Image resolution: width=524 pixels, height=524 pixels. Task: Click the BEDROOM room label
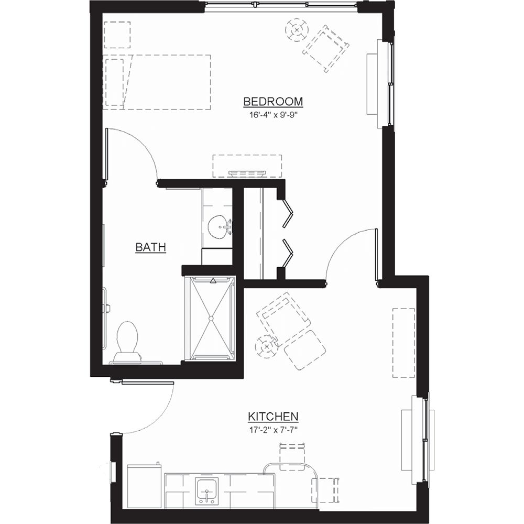click(x=273, y=101)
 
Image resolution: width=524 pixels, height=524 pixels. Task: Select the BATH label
click(x=151, y=247)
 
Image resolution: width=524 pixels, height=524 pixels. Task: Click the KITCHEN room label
click(x=273, y=417)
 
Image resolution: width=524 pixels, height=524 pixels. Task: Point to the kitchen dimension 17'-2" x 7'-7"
click(x=273, y=430)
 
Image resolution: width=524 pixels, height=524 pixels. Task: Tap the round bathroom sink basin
click(x=217, y=227)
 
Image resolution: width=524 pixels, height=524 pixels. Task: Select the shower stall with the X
click(x=212, y=318)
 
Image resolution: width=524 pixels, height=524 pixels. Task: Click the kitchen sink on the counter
click(x=207, y=490)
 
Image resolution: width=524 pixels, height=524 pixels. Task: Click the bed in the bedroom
click(x=157, y=82)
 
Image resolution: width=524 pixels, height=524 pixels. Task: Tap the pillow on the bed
click(x=115, y=82)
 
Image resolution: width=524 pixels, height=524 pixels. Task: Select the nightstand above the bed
click(x=117, y=35)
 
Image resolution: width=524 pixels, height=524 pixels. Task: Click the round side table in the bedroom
click(x=297, y=30)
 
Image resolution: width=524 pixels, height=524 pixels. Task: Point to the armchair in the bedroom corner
click(x=326, y=48)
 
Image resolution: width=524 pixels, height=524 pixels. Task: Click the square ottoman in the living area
click(x=305, y=350)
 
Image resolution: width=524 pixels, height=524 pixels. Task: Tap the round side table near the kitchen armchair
click(x=267, y=346)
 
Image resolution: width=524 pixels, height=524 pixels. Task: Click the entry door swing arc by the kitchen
click(x=157, y=414)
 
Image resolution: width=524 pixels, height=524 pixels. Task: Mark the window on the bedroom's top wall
click(x=281, y=6)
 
